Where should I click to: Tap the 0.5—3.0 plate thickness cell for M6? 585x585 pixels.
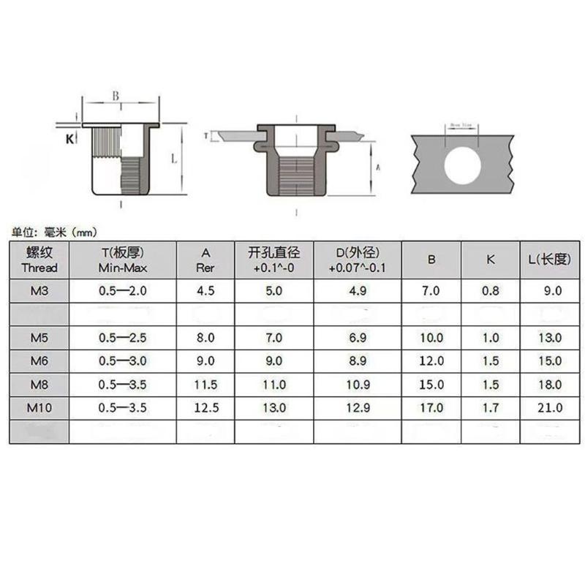123,360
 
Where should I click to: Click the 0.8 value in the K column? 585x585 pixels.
490,290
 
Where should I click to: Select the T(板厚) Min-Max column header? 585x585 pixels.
123,260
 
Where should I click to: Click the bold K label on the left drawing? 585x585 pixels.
69,139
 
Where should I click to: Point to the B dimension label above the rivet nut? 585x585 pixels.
116,95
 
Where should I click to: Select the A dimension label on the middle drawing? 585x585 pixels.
377,167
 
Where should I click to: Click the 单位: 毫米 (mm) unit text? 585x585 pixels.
55,232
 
